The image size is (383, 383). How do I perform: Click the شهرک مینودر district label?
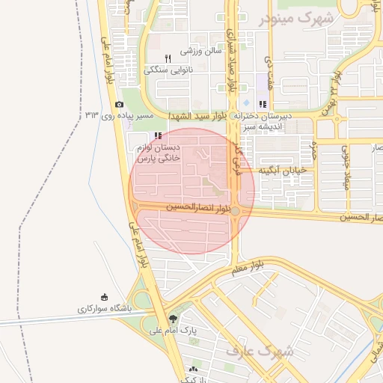(x=296, y=17)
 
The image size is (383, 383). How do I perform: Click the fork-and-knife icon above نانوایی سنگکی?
(x=168, y=58)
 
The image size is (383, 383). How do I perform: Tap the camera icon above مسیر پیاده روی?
(x=119, y=104)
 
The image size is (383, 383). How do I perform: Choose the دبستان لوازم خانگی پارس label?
(x=157, y=153)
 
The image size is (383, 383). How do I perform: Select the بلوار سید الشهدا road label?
(x=197, y=116)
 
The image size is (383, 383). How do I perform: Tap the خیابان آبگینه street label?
(x=284, y=171)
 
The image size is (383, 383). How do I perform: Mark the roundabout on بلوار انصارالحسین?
(x=236, y=212)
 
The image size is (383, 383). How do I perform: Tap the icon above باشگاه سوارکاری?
(x=104, y=297)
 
